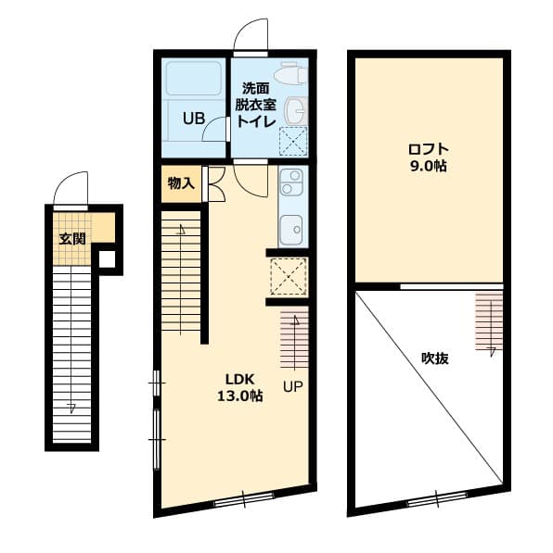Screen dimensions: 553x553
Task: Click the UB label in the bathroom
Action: (194, 119)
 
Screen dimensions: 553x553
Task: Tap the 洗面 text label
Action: (256, 89)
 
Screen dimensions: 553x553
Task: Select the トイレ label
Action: (256, 121)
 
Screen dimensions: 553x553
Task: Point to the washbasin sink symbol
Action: (296, 110)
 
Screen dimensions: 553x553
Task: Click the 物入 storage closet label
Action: (181, 183)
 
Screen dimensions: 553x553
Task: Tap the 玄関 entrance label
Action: (72, 239)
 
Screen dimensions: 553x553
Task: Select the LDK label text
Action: (240, 380)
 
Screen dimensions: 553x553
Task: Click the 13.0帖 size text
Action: (239, 396)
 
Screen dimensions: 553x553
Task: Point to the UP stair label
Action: (293, 387)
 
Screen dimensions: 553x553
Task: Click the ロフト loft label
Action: (429, 149)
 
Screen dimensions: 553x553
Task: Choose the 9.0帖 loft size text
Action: (429, 166)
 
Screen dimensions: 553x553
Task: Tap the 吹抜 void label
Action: (435, 358)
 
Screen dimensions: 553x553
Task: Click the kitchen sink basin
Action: (292, 229)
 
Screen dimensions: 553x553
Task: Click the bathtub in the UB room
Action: (194, 79)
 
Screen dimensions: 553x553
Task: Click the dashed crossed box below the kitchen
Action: (289, 276)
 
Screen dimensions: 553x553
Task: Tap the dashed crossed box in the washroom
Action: (293, 141)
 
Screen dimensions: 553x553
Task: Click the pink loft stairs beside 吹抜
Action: (489, 321)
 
